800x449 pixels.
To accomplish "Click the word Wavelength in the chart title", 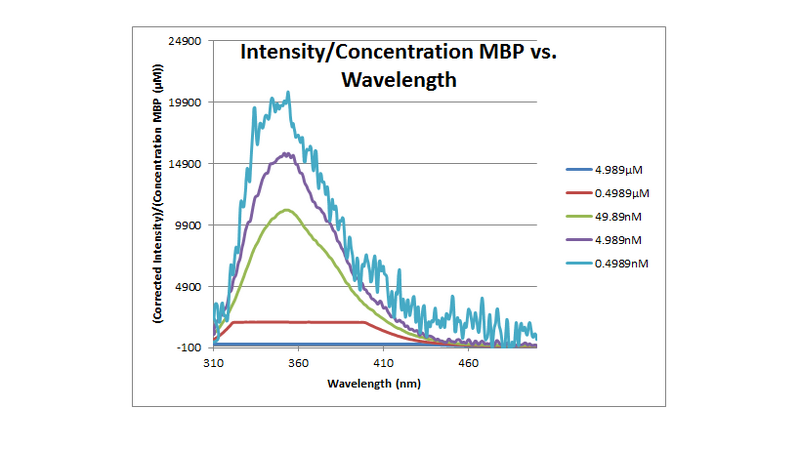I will point(400,80).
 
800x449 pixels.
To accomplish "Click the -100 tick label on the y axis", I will point(190,347).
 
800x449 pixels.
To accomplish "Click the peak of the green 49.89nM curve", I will point(288,209).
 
